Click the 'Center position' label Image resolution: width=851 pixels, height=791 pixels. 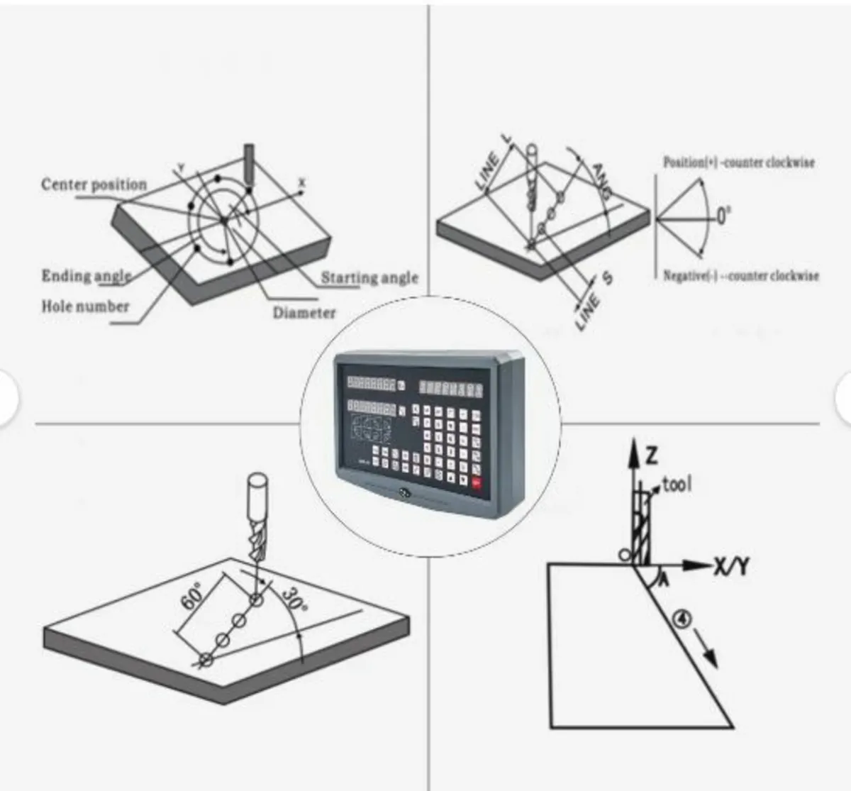94,184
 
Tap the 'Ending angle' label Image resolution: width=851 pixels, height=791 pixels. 86,276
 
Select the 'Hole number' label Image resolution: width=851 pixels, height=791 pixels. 85,306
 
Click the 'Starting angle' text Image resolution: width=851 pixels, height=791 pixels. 369,277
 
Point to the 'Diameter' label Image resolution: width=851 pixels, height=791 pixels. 304,313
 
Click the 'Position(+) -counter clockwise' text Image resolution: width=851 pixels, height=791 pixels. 738,162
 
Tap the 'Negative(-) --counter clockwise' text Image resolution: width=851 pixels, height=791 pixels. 740,276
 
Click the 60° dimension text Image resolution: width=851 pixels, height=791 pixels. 192,596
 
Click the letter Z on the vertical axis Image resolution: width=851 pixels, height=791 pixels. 652,455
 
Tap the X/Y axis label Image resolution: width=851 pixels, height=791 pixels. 730,566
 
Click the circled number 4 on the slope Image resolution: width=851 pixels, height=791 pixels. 682,619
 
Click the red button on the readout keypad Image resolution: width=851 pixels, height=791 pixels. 475,484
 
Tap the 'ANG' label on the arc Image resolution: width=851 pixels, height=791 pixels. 603,181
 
